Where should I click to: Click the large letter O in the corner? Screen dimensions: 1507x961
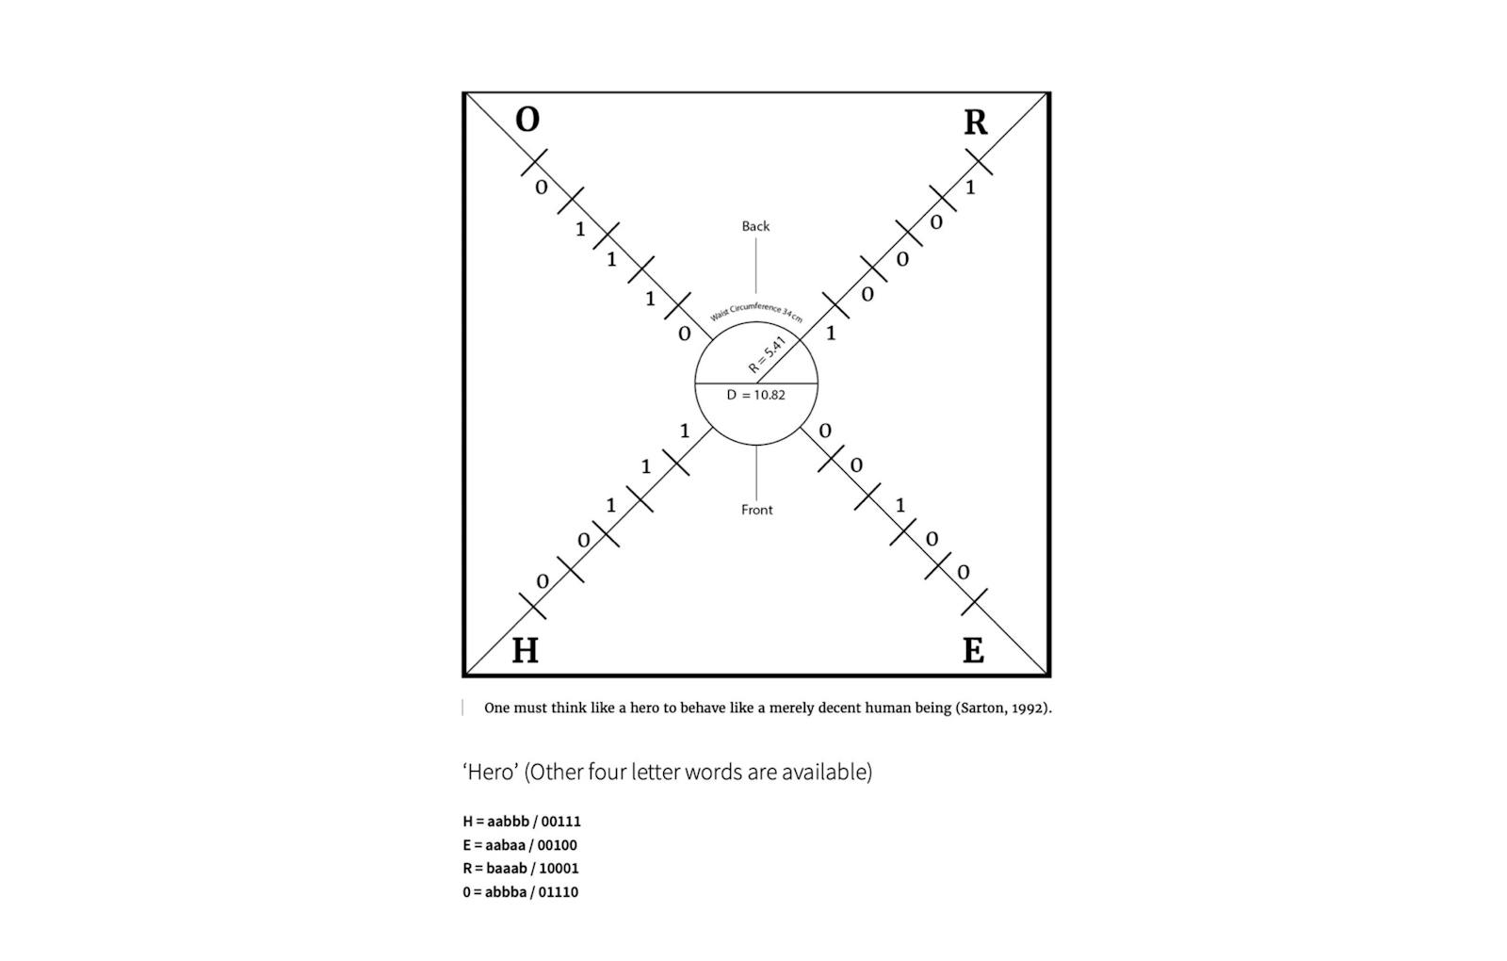[527, 120]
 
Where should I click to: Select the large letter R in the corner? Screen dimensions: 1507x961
[976, 122]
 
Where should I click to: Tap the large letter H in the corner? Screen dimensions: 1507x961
[525, 651]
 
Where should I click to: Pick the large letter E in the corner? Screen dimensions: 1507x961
[974, 651]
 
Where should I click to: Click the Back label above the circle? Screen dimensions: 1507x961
[755, 226]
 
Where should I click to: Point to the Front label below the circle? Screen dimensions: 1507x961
[757, 510]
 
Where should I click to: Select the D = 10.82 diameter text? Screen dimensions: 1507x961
[755, 395]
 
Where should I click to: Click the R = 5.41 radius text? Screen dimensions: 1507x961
[767, 354]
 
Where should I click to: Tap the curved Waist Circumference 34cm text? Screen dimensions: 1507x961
[756, 311]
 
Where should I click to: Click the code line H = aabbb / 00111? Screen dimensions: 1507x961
[522, 822]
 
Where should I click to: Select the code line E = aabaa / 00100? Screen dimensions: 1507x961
[519, 845]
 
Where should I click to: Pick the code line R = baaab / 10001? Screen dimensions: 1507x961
[520, 869]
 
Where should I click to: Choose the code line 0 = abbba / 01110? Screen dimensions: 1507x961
[520, 892]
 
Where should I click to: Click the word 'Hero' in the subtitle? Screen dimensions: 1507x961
[491, 772]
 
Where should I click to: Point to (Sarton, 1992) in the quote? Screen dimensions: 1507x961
[1003, 708]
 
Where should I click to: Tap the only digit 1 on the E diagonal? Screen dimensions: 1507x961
[900, 505]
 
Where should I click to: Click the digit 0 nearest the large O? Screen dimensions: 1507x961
[542, 187]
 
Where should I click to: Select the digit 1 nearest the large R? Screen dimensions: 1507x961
[969, 187]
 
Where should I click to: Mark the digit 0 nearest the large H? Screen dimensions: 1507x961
[543, 581]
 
